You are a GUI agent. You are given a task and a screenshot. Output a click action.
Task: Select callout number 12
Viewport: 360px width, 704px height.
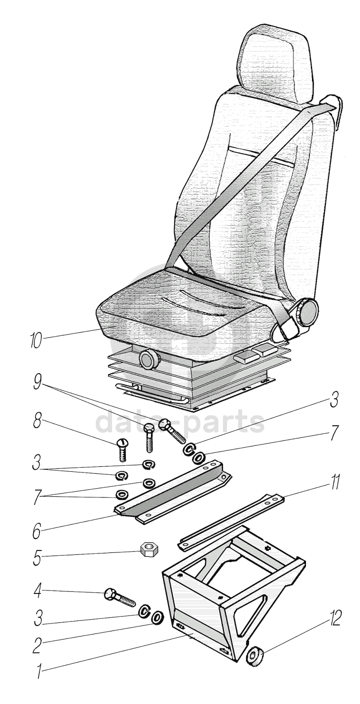click(x=334, y=619)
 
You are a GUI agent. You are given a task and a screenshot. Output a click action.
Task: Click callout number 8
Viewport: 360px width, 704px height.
click(x=37, y=420)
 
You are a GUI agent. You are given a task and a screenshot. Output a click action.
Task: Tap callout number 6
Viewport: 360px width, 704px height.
click(x=36, y=531)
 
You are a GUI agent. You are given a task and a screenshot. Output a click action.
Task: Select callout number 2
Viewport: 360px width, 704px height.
click(x=36, y=644)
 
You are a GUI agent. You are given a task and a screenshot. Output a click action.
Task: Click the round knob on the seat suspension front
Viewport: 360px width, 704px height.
click(x=148, y=359)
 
